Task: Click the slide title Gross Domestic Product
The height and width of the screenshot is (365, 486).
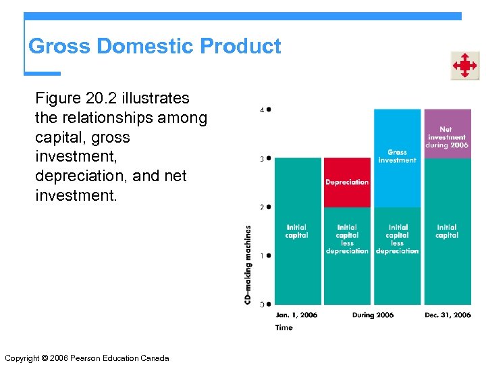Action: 155,47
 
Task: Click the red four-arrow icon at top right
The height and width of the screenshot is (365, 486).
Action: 464,66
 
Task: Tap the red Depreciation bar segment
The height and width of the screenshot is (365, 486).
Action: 347,182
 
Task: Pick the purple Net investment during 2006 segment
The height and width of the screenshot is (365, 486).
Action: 447,133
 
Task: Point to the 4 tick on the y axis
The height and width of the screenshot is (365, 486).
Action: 269,109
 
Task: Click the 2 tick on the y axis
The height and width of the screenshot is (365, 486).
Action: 269,207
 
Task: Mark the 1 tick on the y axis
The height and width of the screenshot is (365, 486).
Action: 269,255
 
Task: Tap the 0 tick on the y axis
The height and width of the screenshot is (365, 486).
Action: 269,304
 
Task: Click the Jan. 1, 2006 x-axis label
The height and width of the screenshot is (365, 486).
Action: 296,315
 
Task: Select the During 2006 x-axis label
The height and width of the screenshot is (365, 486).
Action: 373,315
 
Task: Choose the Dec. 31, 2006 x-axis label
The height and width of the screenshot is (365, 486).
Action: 448,315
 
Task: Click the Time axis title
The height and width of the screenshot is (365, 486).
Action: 284,328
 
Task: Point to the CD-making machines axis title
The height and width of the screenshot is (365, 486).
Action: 248,264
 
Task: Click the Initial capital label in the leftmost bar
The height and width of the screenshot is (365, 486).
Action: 297,231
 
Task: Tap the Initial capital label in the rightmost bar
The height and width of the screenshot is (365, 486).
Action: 447,231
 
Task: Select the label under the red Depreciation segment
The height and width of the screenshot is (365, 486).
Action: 347,239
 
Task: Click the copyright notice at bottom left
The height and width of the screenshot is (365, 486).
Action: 86,358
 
